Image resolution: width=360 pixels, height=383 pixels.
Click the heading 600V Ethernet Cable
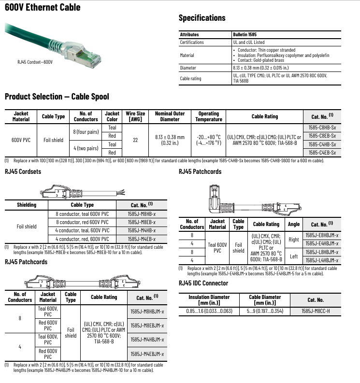(x=43, y=7)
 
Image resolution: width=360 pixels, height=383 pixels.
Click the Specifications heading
(x=202, y=18)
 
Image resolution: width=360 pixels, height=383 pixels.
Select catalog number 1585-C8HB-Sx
(x=322, y=128)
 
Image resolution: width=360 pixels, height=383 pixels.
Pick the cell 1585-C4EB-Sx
(x=322, y=153)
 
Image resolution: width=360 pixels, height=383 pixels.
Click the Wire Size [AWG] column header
(x=135, y=116)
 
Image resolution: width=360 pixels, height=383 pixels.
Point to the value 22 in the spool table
(x=135, y=140)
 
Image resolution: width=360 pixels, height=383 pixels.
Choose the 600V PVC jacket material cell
(x=21, y=140)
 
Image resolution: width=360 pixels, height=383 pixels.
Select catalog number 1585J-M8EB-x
(x=142, y=222)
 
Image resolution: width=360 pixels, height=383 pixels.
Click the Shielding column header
(x=27, y=205)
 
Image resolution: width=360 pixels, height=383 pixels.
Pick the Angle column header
(x=294, y=224)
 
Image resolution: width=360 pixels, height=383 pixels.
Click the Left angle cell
(x=294, y=256)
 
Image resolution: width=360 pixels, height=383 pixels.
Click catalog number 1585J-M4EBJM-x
(x=147, y=354)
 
